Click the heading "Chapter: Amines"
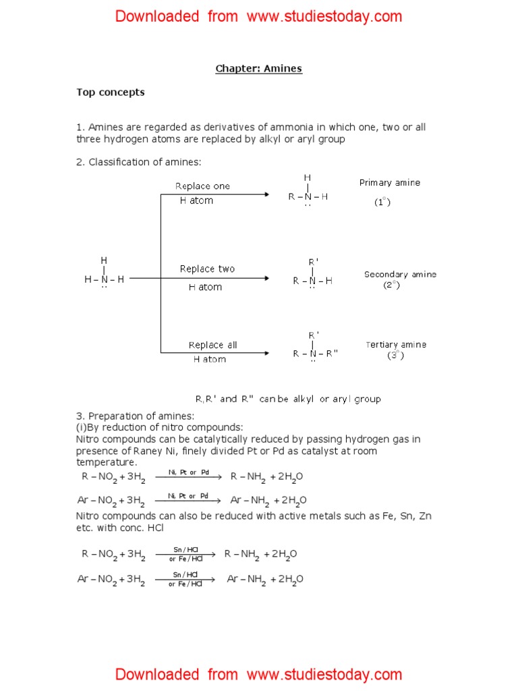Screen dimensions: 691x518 [x=258, y=68]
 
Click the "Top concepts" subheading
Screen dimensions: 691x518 [x=110, y=92]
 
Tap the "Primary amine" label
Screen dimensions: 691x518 [x=389, y=183]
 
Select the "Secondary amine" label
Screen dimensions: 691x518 [x=400, y=274]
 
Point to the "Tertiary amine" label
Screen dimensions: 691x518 [x=396, y=344]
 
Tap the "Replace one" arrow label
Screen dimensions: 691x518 [x=202, y=186]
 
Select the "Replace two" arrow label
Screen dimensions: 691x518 [x=207, y=269]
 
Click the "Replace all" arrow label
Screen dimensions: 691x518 [x=212, y=345]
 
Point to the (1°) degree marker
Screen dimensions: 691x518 [x=382, y=202]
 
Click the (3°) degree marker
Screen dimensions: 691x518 [x=395, y=355]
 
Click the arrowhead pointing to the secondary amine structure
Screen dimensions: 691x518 [x=266, y=278]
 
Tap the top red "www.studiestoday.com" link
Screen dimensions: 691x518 [x=324, y=16]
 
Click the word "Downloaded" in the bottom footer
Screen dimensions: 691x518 [x=157, y=674]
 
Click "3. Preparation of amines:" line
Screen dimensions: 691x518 [x=135, y=416]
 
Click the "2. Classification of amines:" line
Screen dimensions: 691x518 [x=139, y=162]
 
